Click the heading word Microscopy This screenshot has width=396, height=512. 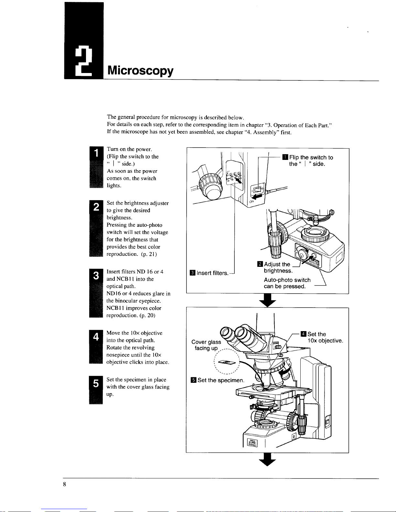tap(140, 70)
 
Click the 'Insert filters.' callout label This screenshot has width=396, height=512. tap(212, 273)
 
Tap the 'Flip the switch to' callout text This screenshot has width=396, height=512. tap(311, 158)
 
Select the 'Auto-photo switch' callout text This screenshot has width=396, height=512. tap(287, 280)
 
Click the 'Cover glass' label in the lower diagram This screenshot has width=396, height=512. tap(206, 342)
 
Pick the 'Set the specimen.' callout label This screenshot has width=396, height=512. tap(221, 380)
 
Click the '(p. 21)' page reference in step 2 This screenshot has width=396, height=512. tap(149, 254)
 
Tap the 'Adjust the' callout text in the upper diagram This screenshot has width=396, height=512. tap(277, 264)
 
